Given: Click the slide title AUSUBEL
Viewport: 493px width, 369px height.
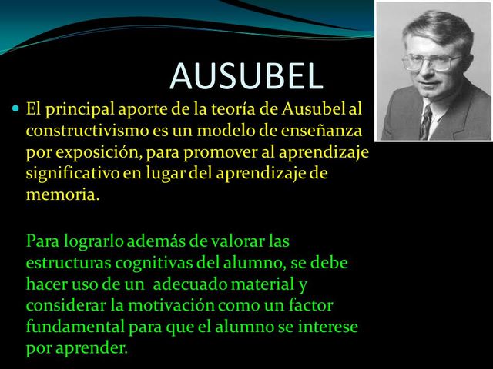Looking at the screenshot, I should [246, 75].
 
